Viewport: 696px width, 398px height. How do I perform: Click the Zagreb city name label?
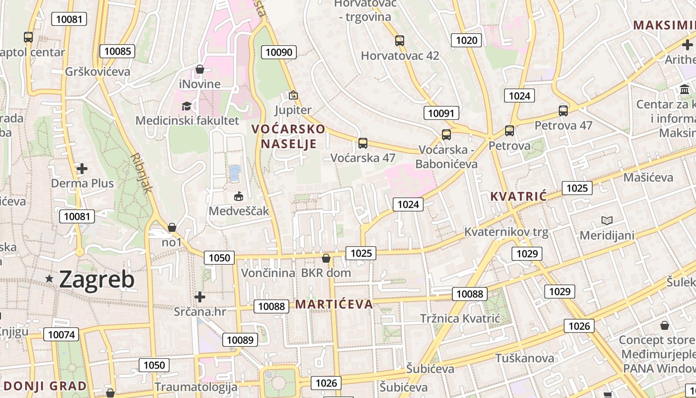point(96,279)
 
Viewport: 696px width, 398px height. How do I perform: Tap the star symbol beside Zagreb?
point(49,279)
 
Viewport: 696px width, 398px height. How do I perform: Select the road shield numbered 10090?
point(280,52)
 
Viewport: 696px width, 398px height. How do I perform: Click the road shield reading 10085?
point(117,51)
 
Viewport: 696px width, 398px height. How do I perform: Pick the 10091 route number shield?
point(441,113)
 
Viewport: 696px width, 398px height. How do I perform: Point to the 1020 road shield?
point(466,40)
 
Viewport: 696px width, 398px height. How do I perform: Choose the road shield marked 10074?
point(61,334)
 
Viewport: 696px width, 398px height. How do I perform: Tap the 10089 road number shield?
point(240,340)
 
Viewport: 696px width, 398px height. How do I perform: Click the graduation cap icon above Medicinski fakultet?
point(186,106)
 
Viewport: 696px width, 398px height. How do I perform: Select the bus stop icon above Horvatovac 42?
point(400,41)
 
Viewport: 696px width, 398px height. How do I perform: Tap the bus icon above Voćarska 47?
point(363,143)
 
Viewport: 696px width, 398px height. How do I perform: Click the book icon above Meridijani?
point(607,220)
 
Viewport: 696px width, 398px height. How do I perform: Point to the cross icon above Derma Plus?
point(82,169)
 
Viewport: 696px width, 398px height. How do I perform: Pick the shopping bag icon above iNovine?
point(200,69)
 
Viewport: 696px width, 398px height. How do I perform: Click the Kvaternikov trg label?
point(506,232)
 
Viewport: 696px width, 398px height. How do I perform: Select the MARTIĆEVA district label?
point(334,304)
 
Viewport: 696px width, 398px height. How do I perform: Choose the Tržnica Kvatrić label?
point(459,318)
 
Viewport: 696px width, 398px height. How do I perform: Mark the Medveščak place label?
point(239,211)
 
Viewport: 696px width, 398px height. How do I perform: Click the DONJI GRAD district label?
point(45,386)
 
